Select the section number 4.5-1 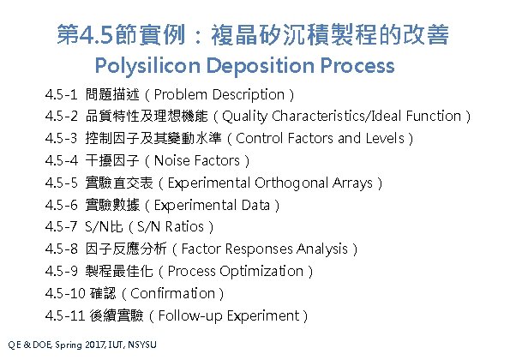63,94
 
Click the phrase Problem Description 222,94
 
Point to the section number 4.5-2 63,117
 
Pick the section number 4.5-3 63,138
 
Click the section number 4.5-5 63,183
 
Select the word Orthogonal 288,183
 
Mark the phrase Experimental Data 213,205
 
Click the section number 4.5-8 63,249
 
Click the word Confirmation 186,293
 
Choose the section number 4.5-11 65,315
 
